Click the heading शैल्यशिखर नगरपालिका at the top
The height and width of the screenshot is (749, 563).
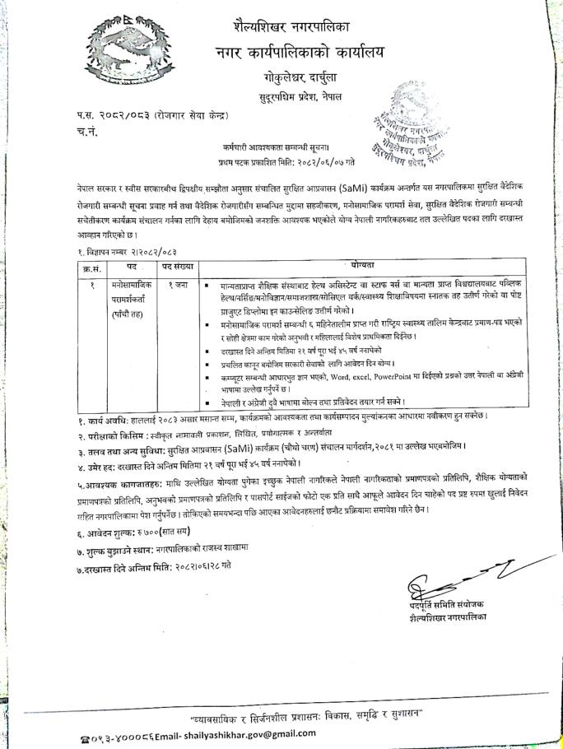click(297, 26)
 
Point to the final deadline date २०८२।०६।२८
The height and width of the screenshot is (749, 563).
click(195, 568)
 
